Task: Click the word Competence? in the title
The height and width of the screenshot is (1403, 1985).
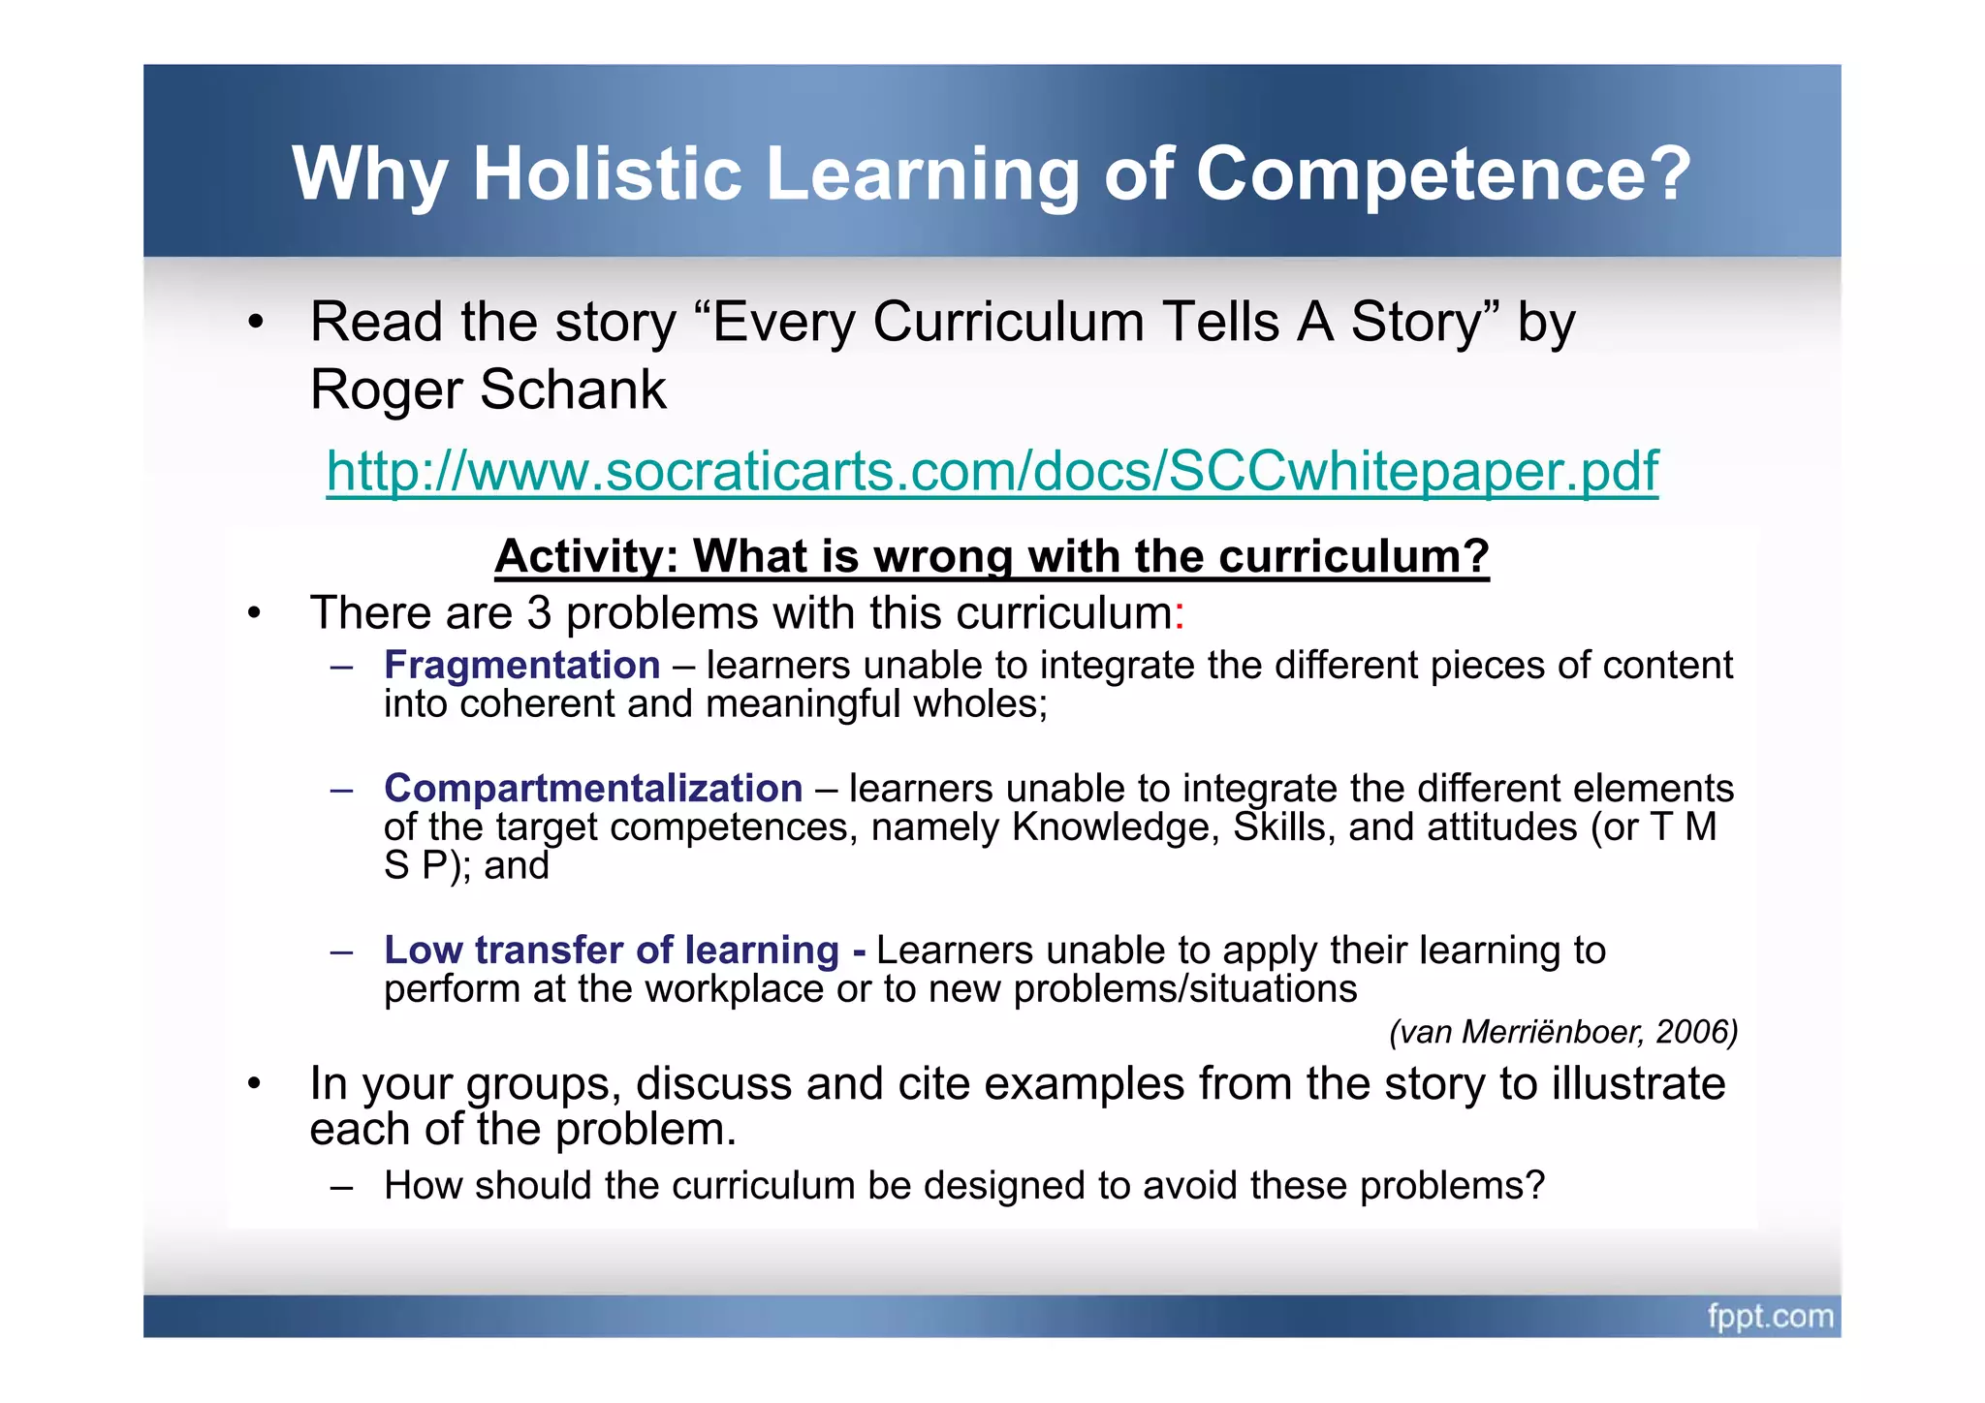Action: coord(1443,174)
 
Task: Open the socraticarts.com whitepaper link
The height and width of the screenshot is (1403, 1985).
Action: coord(992,471)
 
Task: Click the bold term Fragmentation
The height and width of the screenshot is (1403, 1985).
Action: coord(521,666)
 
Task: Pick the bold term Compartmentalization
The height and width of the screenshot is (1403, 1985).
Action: coord(593,789)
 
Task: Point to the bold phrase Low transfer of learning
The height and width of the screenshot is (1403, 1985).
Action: coord(612,951)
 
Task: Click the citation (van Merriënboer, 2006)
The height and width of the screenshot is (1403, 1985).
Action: coord(1562,1032)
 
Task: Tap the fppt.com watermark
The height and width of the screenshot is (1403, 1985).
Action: coord(1770,1317)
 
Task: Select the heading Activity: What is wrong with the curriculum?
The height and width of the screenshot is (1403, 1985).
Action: coord(992,557)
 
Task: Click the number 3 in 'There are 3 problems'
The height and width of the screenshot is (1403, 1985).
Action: coord(539,613)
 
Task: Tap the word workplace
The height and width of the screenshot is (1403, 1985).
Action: coord(734,989)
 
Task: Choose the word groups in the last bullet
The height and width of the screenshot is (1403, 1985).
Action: coord(543,1085)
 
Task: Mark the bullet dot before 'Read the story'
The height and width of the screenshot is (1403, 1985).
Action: coord(255,323)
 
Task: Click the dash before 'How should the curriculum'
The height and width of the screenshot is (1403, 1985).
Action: coord(340,1187)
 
